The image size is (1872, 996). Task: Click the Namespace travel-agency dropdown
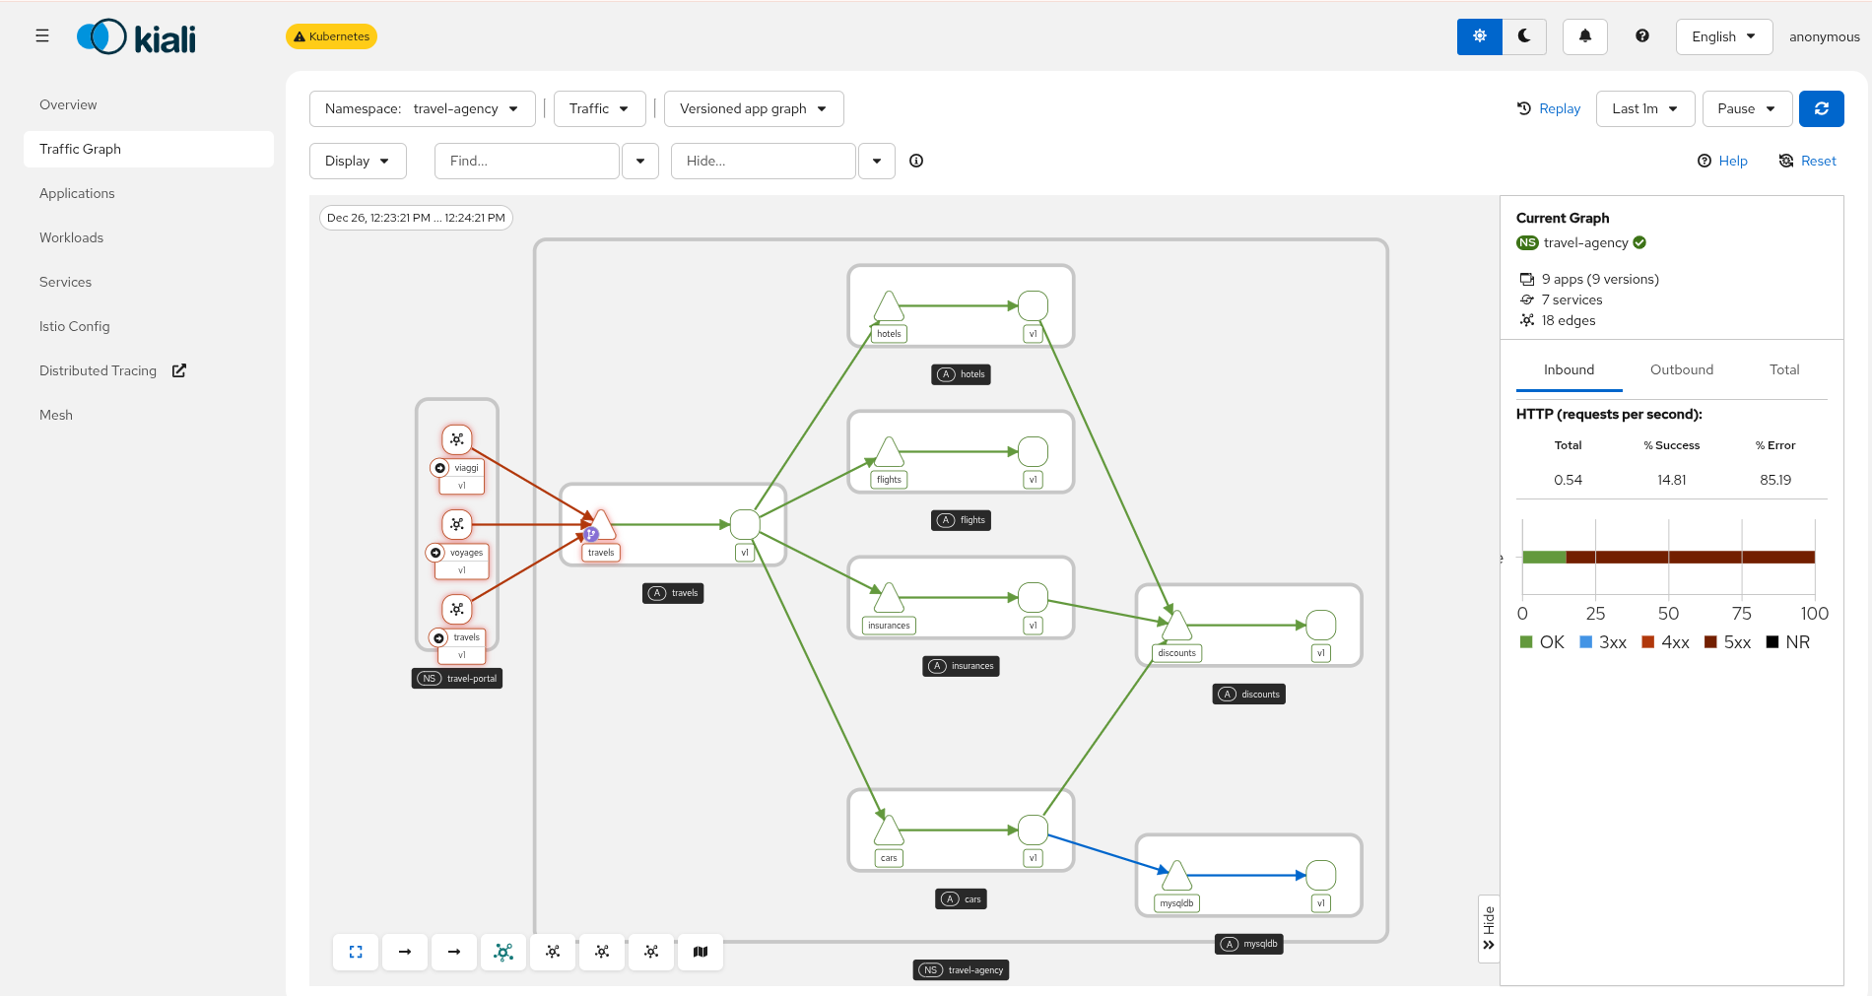coord(422,108)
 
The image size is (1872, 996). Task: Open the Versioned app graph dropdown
coord(753,108)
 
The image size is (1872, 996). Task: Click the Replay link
coord(1549,108)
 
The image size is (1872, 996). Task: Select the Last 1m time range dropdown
coord(1644,108)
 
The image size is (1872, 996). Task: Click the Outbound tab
coord(1681,369)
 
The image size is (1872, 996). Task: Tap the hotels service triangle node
coord(889,307)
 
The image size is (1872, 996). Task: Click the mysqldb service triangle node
coord(1176,876)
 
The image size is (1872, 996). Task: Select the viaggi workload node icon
coord(456,439)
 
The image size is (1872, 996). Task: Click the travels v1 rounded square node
coord(745,524)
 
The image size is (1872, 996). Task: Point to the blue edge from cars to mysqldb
coord(1103,852)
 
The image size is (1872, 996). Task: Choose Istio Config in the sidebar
coord(75,326)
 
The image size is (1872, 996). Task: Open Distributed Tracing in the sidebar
coord(99,370)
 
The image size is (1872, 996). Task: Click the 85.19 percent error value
coord(1774,480)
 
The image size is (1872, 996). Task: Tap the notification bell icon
coord(1584,36)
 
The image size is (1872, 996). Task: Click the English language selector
coord(1723,36)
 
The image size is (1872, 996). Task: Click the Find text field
coord(526,161)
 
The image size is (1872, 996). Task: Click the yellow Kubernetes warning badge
coord(331,36)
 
